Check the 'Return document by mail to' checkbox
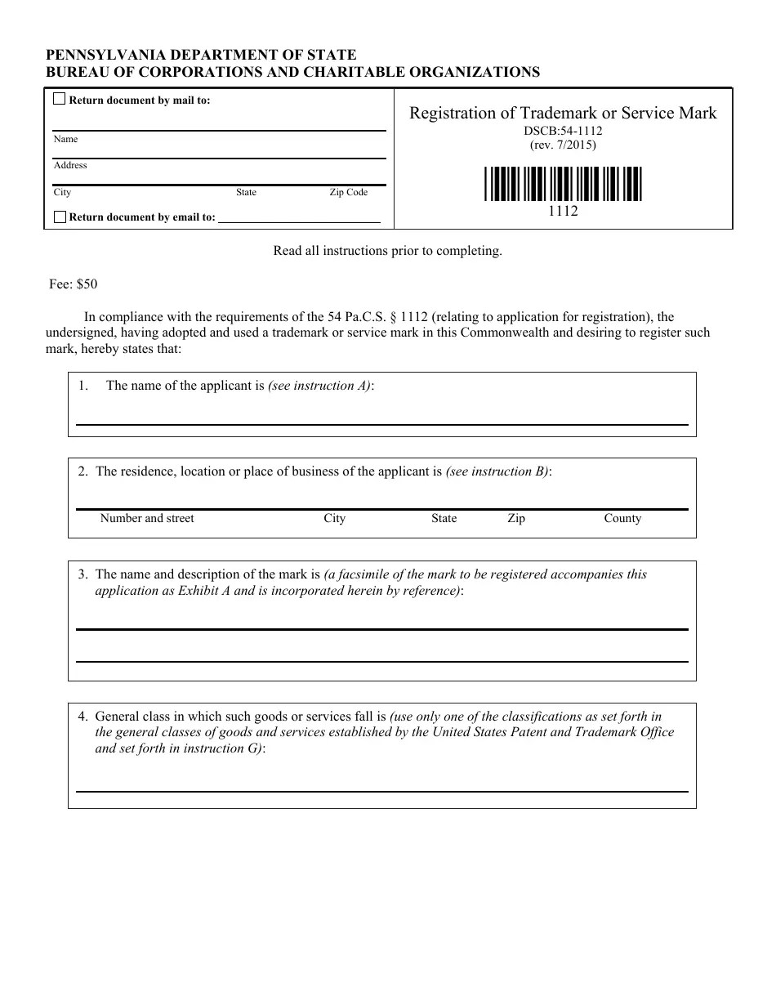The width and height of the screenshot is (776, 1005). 60,100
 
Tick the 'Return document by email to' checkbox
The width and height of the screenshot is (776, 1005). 60,217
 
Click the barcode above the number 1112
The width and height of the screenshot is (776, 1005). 563,184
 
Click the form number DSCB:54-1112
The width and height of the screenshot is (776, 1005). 563,131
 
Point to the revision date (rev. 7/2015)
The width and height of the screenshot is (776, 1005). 563,145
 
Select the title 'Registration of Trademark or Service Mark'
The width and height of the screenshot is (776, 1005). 563,114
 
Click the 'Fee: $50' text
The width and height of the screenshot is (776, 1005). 74,284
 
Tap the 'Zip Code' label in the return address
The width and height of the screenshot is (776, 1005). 348,193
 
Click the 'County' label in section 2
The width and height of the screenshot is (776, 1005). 622,519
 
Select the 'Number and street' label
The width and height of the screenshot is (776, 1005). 147,519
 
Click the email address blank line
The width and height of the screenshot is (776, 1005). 300,219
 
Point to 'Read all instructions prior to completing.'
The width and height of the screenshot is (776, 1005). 387,251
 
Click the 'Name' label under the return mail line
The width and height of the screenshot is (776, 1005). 65,140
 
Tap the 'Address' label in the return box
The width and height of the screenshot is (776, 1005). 70,166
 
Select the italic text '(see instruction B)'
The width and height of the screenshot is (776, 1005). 497,471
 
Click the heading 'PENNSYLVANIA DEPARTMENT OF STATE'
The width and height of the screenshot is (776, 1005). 201,55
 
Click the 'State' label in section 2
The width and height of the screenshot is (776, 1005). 444,519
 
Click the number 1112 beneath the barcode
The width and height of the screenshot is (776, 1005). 563,211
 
